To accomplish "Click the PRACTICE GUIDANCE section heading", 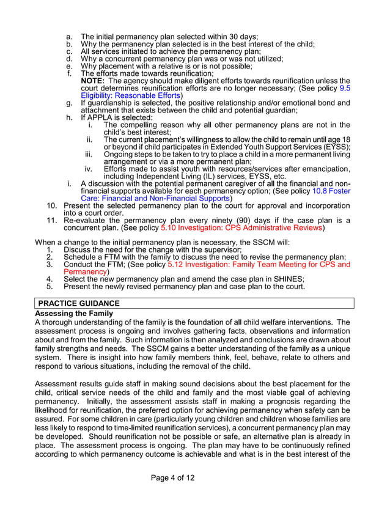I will click(x=79, y=303).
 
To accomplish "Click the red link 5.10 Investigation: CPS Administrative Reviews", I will click(x=241, y=228).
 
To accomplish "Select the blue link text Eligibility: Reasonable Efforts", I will click(x=131, y=95).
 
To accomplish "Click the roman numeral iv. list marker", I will click(x=89, y=169).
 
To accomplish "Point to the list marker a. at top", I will click(x=70, y=37).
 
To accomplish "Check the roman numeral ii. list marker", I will click(x=89, y=139).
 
